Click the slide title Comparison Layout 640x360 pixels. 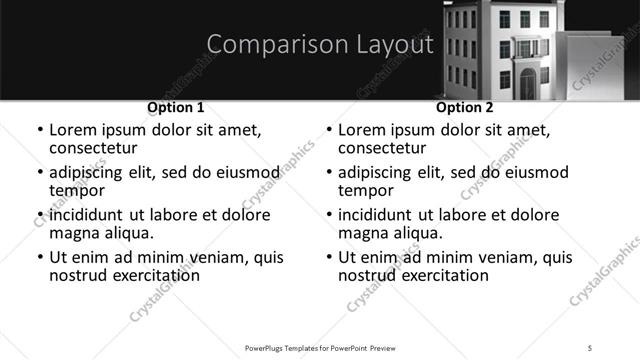tap(320, 45)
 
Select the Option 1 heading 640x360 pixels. tap(176, 107)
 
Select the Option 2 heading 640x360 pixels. tap(465, 107)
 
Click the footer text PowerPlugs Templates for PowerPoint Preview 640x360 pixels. tap(320, 347)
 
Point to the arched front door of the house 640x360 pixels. tap(528, 84)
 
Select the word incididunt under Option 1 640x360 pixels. tap(89, 215)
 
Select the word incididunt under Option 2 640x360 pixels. tap(378, 215)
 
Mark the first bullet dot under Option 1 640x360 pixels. tap(39, 131)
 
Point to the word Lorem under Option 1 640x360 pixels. tap(72, 130)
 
